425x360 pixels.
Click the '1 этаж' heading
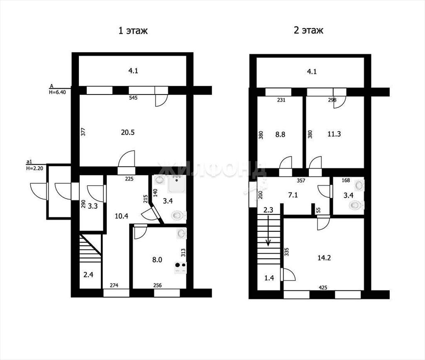[x=133, y=30]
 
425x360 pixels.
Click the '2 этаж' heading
[x=308, y=30]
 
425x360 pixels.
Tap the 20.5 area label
[x=128, y=132]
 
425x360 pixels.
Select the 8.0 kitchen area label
[x=157, y=260]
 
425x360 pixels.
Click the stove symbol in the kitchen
[x=181, y=268]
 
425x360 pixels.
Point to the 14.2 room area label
[x=324, y=258]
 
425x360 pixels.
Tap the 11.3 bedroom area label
[x=334, y=134]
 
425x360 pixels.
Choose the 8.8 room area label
[x=280, y=134]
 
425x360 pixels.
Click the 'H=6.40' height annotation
[x=57, y=92]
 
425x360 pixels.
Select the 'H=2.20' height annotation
[x=35, y=168]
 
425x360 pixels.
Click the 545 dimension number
[x=133, y=98]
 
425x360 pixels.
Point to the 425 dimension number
[x=323, y=287]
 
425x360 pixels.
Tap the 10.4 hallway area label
[x=122, y=216]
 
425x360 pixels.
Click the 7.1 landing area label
[x=293, y=195]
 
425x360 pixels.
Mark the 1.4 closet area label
[x=269, y=277]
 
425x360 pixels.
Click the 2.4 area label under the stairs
[x=88, y=275]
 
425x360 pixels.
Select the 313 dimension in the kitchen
[x=183, y=253]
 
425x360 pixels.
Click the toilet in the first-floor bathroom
[x=178, y=215]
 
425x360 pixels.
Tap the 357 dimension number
[x=301, y=180]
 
